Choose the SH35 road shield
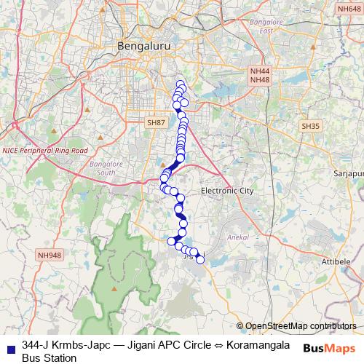tap(311, 126)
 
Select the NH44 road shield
tap(259, 71)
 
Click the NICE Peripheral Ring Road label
tap(44, 150)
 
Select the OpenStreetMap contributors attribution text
tap(301, 325)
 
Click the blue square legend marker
tap(10, 345)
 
